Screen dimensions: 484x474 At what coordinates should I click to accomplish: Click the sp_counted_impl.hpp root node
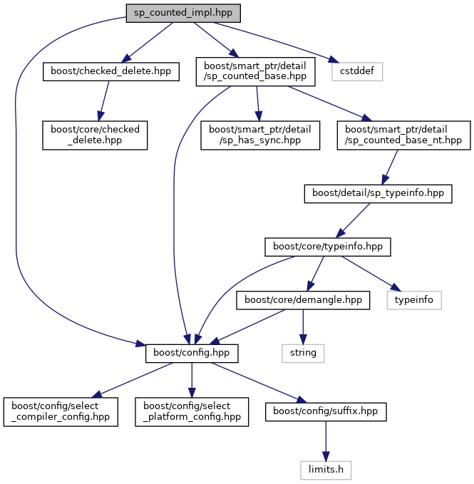click(x=183, y=13)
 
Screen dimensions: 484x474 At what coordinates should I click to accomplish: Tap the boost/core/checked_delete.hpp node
click(x=95, y=135)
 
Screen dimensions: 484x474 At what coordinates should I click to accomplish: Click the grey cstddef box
click(x=357, y=71)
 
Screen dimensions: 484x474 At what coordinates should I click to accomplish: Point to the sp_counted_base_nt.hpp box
click(x=404, y=135)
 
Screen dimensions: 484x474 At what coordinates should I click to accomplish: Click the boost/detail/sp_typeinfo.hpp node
click(x=378, y=192)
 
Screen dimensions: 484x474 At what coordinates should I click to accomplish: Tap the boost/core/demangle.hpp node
click(x=304, y=301)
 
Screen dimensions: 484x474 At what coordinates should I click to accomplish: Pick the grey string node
click(x=302, y=352)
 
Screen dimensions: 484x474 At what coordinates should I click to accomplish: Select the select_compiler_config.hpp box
click(x=61, y=412)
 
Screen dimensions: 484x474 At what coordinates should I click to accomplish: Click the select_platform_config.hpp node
click(x=192, y=412)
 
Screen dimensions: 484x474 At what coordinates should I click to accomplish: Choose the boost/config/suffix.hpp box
click(x=326, y=412)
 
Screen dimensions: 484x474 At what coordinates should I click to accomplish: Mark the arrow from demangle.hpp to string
click(x=303, y=326)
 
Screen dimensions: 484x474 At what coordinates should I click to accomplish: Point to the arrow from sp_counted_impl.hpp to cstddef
click(x=278, y=42)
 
